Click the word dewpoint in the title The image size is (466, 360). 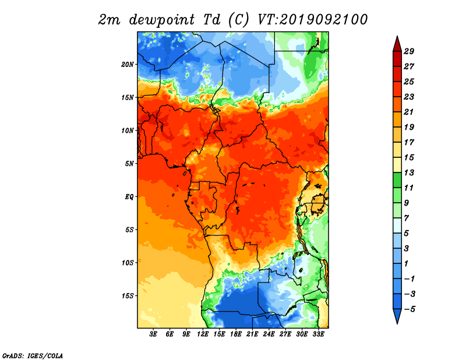coord(162,20)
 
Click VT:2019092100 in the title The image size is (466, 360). coord(313,20)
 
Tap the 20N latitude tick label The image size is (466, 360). coord(128,65)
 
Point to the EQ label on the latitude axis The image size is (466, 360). coord(129,197)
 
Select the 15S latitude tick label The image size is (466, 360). coord(128,296)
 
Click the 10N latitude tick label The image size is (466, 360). coord(128,130)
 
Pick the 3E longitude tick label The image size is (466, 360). coord(153,334)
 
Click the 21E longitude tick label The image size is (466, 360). coord(252,334)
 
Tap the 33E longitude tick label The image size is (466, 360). coord(318,334)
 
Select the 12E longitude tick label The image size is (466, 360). coord(202,334)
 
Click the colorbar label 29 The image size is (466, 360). coord(409,51)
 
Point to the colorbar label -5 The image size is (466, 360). coord(409,309)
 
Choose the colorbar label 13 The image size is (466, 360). coord(409,172)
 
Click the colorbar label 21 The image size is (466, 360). coord(409,112)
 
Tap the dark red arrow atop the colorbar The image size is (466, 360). coord(397,45)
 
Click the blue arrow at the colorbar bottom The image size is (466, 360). coord(397,315)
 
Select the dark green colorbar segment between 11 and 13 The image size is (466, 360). coord(397,180)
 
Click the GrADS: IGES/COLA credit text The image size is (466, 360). coord(33,356)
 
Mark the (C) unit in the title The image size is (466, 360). coord(238,20)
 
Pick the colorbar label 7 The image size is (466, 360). coord(406,218)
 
